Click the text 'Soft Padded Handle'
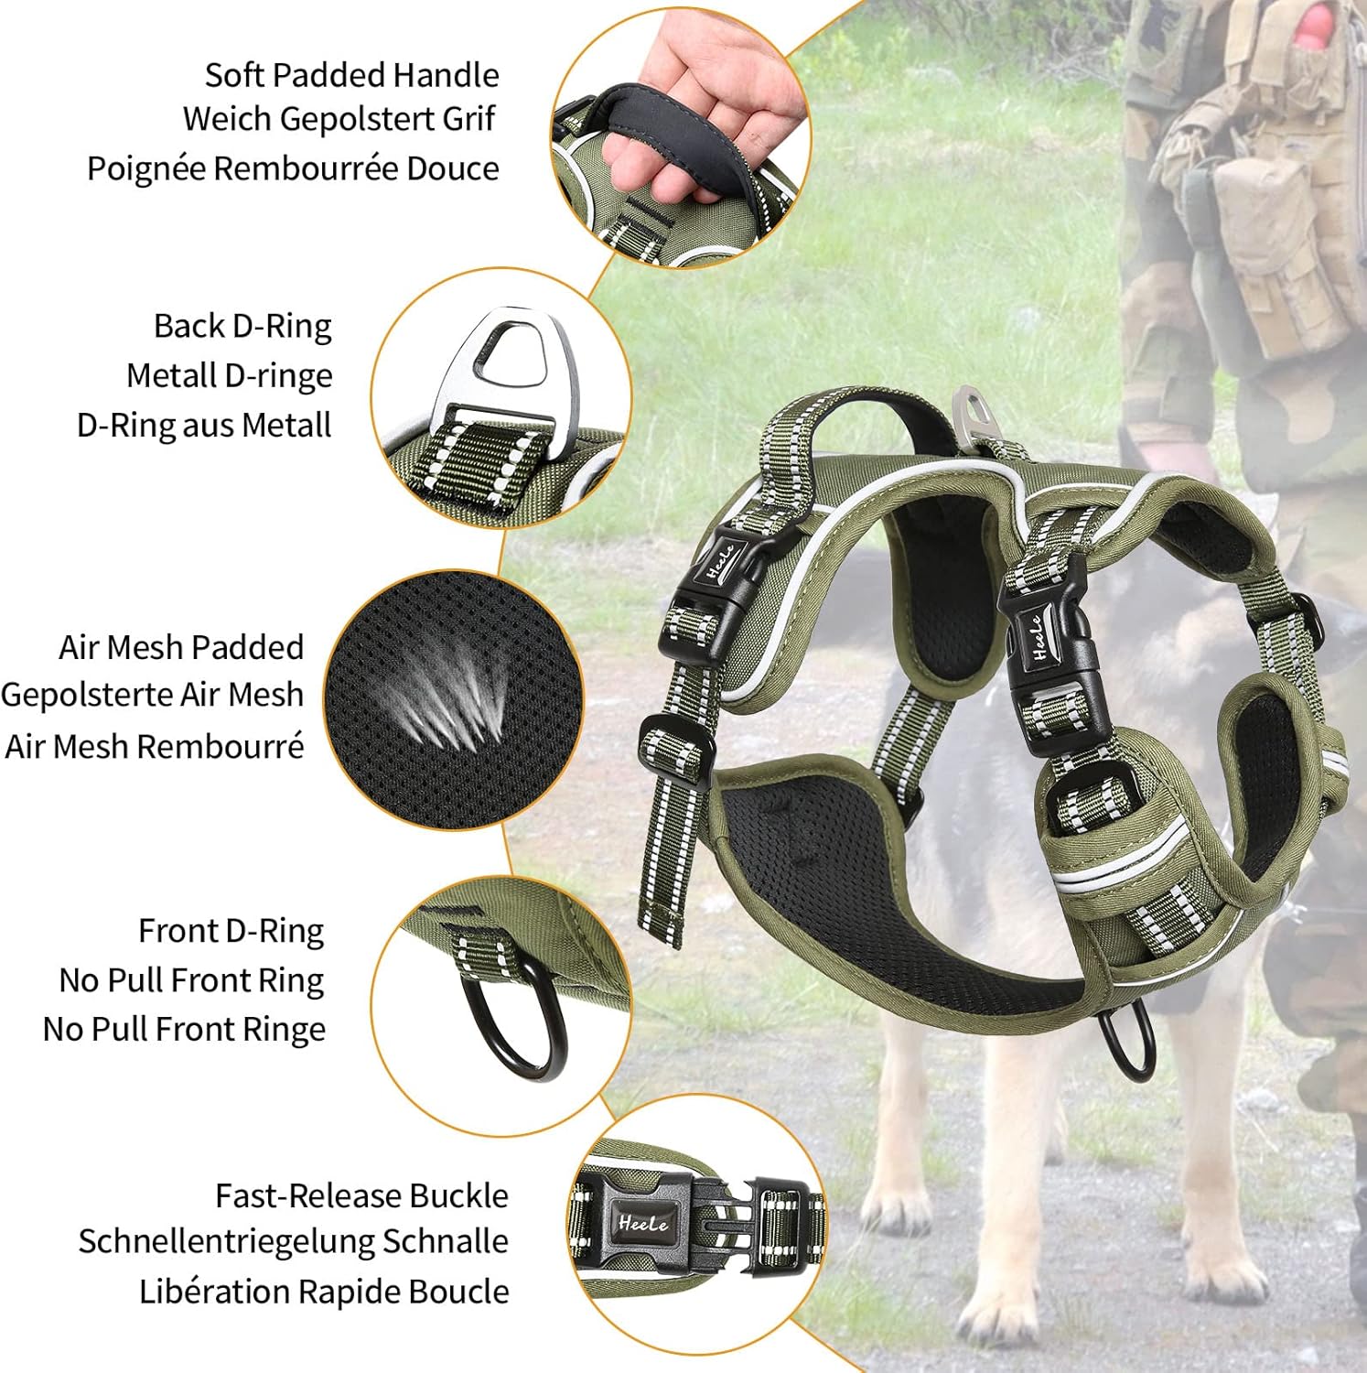coord(351,75)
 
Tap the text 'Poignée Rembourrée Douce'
coord(293,169)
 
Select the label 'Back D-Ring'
coord(242,327)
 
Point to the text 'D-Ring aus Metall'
coord(204,426)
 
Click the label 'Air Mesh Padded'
coord(181,647)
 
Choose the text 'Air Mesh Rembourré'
coord(155,747)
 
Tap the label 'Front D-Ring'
coord(231,932)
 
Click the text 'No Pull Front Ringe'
coord(184,1030)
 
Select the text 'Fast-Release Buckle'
coord(361,1195)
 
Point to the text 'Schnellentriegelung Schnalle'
coord(293,1242)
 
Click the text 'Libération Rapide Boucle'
coord(324,1292)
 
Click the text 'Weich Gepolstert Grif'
coord(339,120)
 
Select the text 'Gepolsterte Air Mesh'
coord(152,695)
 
